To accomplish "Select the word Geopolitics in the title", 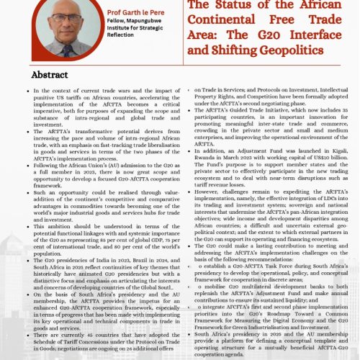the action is tap(315, 50).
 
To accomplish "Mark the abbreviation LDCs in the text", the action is tap(341, 199).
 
